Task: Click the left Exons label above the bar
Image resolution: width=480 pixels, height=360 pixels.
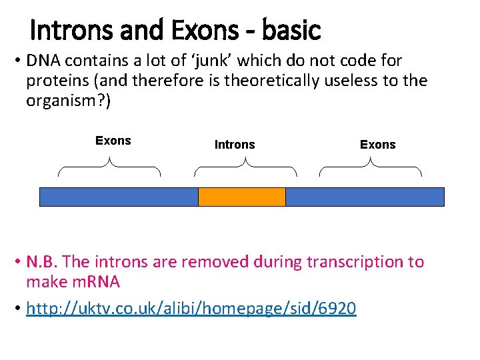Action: pos(113,141)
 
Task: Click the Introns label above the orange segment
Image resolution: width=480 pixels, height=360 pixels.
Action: pos(235,145)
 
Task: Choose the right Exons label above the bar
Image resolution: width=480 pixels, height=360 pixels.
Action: pos(377,145)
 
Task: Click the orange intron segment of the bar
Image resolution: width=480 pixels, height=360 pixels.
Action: pos(242,197)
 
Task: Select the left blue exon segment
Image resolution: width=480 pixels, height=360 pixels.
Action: pos(119,197)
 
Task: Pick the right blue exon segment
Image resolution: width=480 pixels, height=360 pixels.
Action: pos(365,197)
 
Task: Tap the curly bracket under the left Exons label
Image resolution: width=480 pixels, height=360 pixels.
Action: pos(110,167)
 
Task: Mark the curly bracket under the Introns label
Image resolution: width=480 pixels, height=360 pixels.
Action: pos(245,167)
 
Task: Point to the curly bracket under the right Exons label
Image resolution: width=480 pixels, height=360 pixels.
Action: pos(371,167)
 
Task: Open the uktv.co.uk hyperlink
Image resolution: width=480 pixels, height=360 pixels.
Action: pos(191,308)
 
